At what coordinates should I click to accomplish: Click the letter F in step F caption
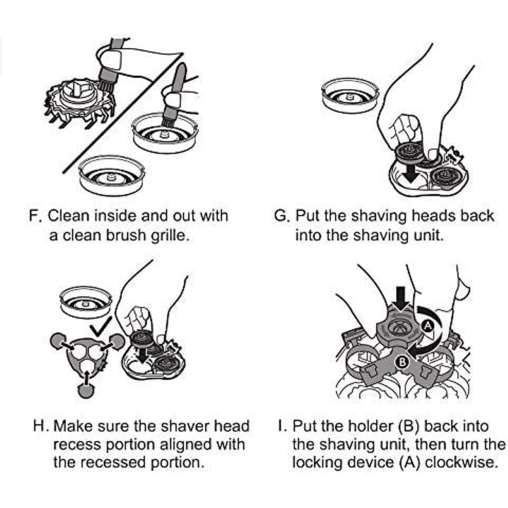[34, 216]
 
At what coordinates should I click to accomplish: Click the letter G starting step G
[281, 216]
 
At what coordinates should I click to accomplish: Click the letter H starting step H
[39, 425]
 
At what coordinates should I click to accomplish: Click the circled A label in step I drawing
[427, 325]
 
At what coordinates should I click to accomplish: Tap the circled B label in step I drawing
[402, 362]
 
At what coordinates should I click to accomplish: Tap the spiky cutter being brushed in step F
[80, 102]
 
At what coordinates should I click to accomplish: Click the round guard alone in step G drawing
[349, 96]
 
